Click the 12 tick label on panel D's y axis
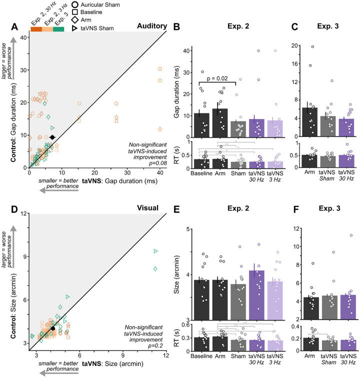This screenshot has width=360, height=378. pyautogui.click(x=22, y=213)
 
